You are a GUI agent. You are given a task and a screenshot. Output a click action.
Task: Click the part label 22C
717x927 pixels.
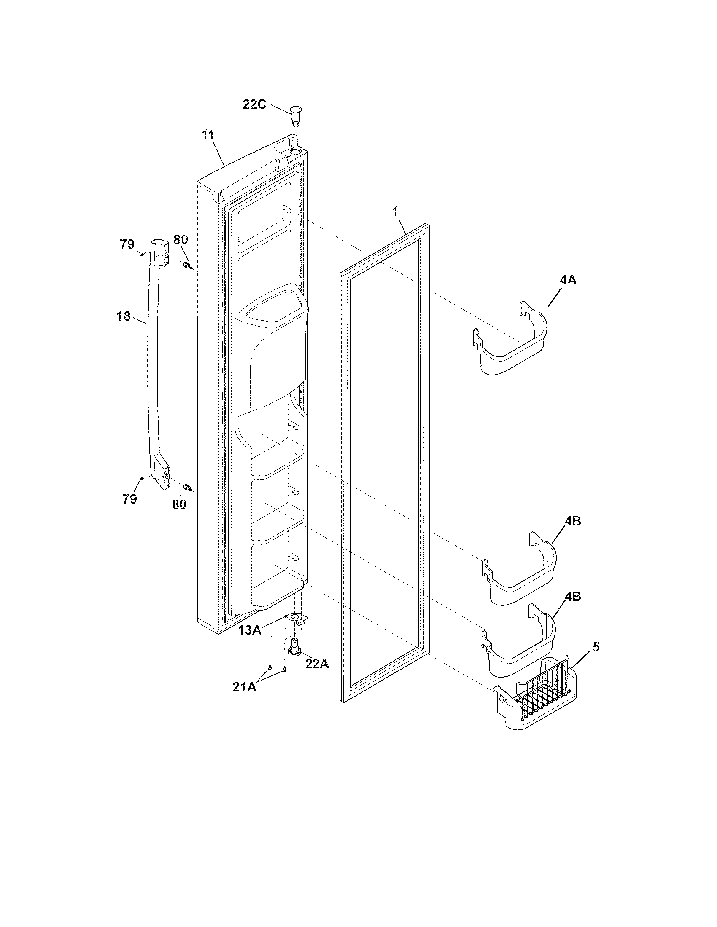pyautogui.click(x=254, y=104)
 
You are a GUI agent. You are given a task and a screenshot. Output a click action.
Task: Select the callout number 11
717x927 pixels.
pyautogui.click(x=208, y=135)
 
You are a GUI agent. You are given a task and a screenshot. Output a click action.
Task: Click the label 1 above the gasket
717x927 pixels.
pyautogui.click(x=395, y=212)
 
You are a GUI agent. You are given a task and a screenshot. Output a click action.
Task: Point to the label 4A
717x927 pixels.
pyautogui.click(x=568, y=281)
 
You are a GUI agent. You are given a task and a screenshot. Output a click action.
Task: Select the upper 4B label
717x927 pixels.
pyautogui.click(x=573, y=522)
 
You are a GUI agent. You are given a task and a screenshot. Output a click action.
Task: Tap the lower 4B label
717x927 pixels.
pyautogui.click(x=573, y=597)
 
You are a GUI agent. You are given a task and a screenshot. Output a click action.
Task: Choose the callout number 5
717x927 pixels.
pyautogui.click(x=596, y=647)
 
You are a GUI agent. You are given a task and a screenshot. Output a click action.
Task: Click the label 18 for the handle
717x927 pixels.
pyautogui.click(x=124, y=316)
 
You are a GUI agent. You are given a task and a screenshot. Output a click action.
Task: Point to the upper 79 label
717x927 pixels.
pyautogui.click(x=127, y=244)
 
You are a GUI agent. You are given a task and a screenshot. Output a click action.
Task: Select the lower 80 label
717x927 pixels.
pyautogui.click(x=179, y=505)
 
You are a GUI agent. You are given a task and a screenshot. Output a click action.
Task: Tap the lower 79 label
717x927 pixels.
pyautogui.click(x=130, y=499)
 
